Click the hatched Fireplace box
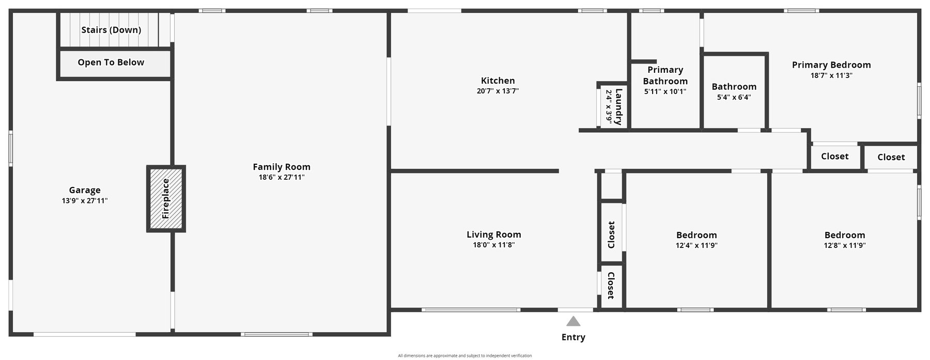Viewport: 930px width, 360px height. [166, 199]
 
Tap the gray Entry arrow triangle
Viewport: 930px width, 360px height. [573, 321]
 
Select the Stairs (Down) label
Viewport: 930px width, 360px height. [111, 30]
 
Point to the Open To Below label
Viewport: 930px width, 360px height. [111, 62]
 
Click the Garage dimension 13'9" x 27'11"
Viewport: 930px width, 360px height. [85, 201]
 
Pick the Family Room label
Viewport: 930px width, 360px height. [282, 167]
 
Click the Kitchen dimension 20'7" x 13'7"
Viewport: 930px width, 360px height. [498, 91]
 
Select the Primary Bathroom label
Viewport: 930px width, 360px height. [665, 75]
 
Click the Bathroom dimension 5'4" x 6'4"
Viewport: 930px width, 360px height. [734, 97]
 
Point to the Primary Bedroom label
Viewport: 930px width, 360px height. [831, 65]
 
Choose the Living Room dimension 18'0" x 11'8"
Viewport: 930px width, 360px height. [494, 245]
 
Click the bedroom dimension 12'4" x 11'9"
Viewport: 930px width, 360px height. [696, 246]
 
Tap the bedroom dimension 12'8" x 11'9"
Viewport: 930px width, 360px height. [845, 246]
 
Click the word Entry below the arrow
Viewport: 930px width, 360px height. [574, 337]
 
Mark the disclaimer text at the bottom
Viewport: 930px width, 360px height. [465, 355]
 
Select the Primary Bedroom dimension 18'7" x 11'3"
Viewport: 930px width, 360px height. [831, 75]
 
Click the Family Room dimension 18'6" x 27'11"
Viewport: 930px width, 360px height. [282, 178]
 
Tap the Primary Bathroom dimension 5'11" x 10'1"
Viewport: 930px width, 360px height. [665, 92]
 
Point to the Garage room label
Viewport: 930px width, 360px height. [85, 190]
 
